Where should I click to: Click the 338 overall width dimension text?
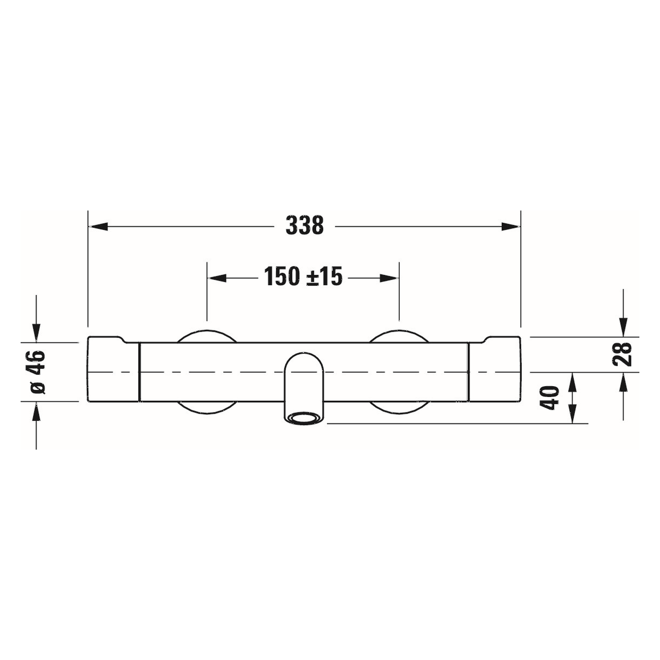tap(304, 226)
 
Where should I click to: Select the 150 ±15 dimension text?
tap(303, 277)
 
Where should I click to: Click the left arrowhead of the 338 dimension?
tap(98, 226)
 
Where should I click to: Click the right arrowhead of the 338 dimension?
tap(511, 226)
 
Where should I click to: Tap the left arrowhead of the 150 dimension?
tap(217, 278)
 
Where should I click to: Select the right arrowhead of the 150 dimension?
tap(389, 278)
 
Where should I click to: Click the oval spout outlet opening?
tap(304, 417)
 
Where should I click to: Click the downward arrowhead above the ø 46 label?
tap(36, 332)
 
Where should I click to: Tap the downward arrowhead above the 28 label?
tap(623, 327)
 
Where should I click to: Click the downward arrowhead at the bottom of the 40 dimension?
tap(572, 415)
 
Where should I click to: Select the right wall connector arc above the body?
tap(399, 334)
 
